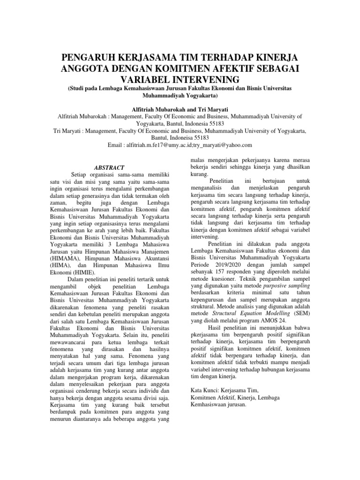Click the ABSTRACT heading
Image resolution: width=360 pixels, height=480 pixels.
[x=110, y=167]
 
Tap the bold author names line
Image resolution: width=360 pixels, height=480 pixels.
[x=180, y=108]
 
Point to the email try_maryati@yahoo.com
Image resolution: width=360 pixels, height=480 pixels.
[x=226, y=145]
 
